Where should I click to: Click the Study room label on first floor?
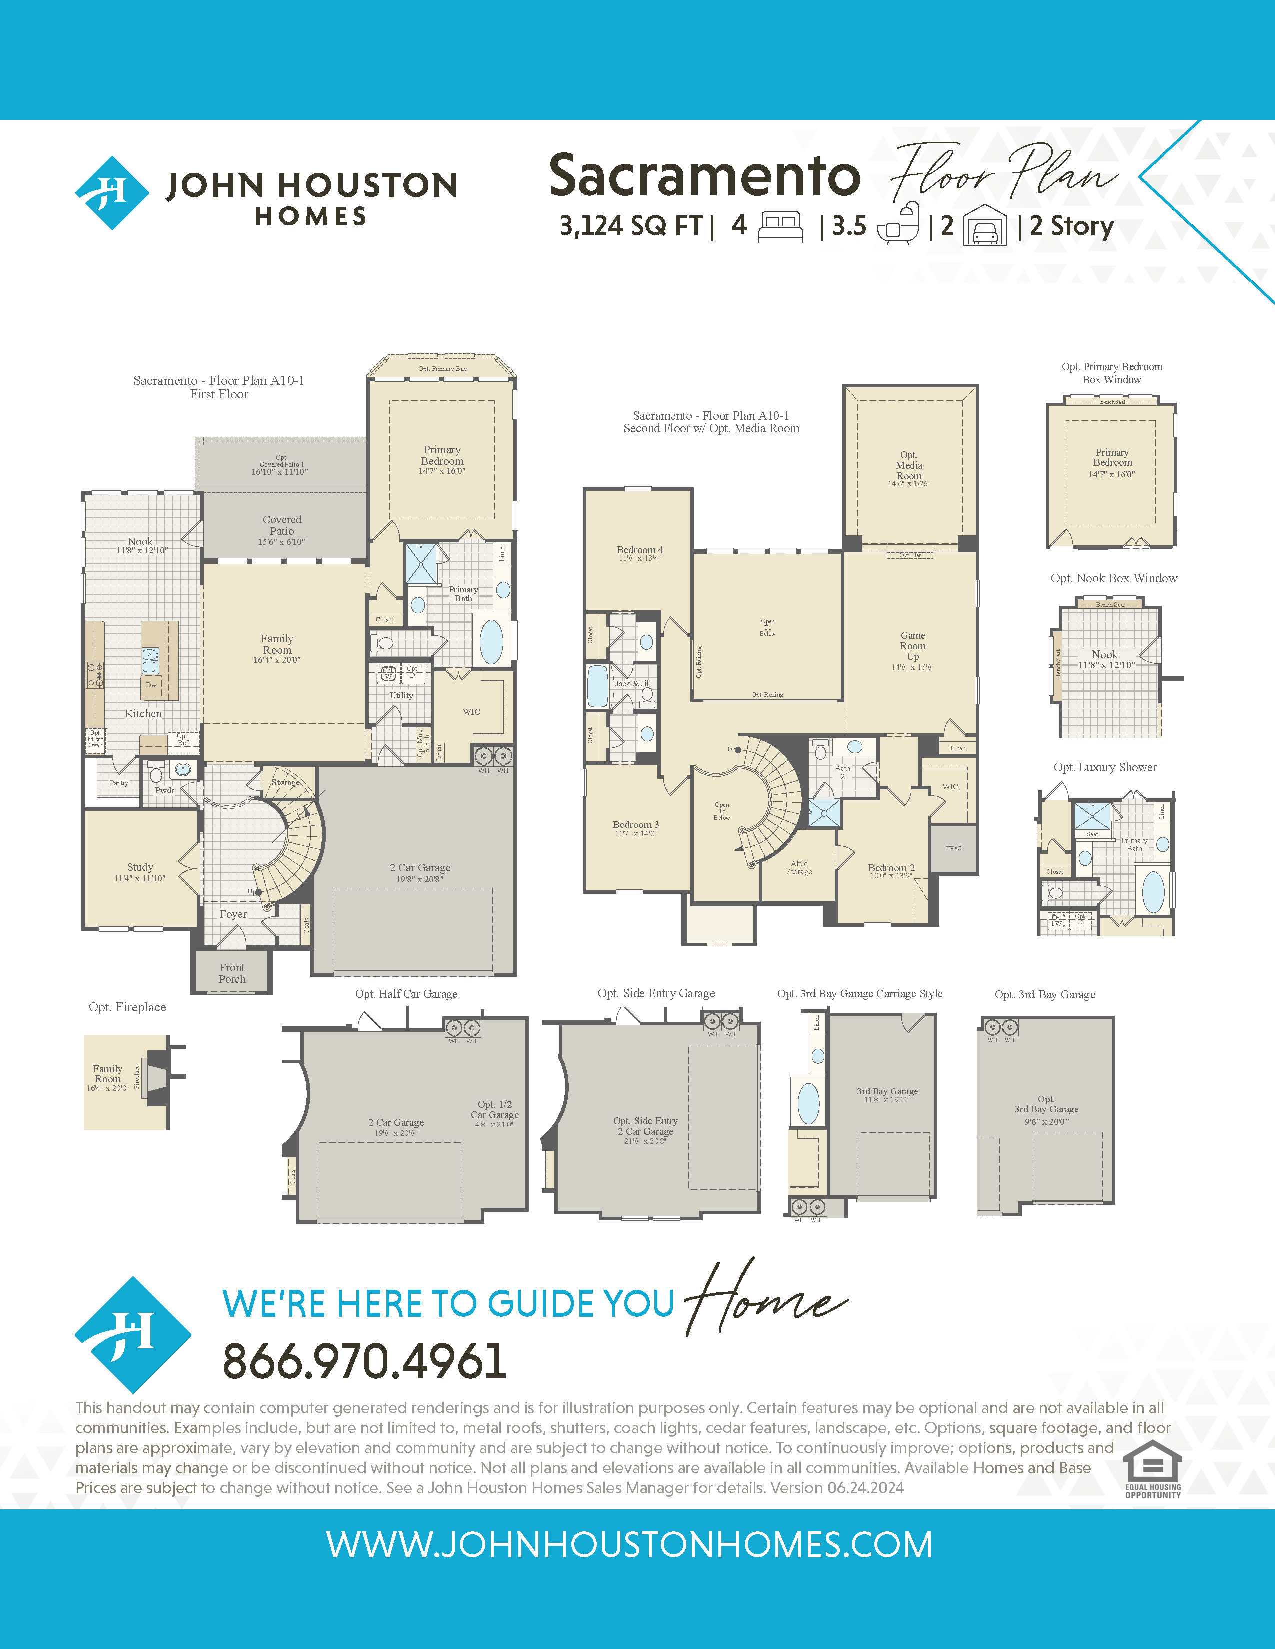[139, 872]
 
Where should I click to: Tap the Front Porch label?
[232, 973]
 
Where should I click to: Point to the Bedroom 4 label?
[640, 553]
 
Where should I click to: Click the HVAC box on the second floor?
[953, 848]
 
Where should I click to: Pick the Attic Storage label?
[799, 867]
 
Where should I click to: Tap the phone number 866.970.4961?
[364, 1361]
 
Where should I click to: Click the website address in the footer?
[629, 1544]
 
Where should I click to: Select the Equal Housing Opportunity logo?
[1152, 1469]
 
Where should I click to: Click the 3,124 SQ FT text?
[630, 226]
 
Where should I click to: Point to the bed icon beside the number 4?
[780, 226]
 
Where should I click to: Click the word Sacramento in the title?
[704, 176]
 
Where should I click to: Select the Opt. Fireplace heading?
[127, 1007]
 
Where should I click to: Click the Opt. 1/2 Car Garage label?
[494, 1114]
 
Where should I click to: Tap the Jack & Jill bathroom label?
[633, 683]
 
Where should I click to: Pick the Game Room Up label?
[912, 646]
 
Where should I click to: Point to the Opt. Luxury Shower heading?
[1105, 767]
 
